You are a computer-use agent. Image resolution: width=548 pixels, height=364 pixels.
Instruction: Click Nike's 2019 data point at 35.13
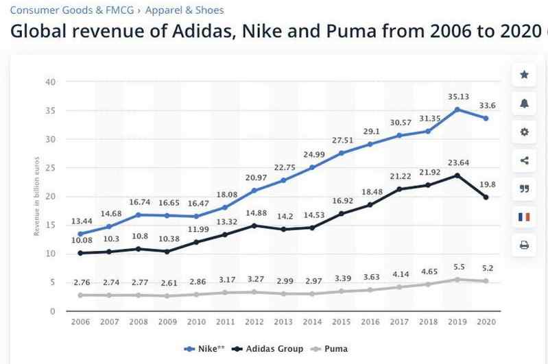(458, 109)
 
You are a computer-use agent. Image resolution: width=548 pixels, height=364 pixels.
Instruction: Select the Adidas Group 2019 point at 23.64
(458, 175)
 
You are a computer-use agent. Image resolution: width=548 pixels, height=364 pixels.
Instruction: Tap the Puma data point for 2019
(458, 279)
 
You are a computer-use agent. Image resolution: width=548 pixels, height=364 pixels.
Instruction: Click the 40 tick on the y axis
(50, 82)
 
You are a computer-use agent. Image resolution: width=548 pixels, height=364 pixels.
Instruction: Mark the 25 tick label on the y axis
(50, 168)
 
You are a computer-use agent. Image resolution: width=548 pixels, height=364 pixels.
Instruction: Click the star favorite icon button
(525, 75)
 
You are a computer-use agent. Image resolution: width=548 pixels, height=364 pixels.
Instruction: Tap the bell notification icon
(525, 104)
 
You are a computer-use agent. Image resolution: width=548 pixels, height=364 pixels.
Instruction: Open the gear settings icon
(525, 132)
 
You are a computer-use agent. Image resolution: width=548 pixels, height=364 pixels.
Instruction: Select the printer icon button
(525, 245)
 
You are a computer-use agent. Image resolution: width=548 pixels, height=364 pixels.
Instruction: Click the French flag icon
(525, 217)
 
